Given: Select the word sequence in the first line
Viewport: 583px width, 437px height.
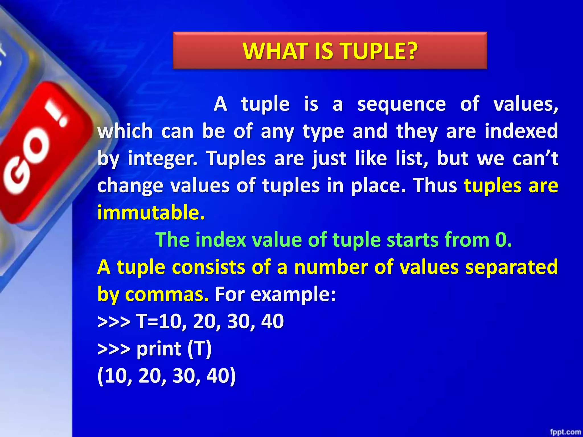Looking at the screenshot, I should point(401,104).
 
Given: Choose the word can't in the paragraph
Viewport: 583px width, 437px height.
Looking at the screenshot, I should point(535,158).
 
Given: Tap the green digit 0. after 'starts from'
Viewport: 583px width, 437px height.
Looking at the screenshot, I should point(503,240).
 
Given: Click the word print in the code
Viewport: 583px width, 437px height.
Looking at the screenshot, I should point(159,349).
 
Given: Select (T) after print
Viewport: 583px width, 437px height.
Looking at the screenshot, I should point(200,349).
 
